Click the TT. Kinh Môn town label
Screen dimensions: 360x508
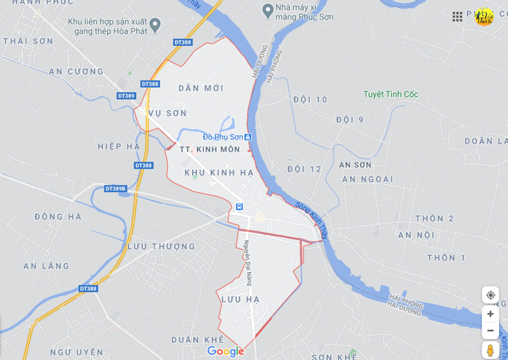click(209, 149)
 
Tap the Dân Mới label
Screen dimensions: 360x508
click(201, 88)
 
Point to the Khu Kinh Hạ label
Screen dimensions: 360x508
click(219, 172)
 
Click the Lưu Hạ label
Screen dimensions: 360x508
click(240, 300)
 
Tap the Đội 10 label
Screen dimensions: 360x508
click(310, 99)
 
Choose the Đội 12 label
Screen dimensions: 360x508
click(304, 169)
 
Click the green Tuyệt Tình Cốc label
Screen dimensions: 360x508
click(391, 94)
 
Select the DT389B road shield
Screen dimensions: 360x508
click(115, 188)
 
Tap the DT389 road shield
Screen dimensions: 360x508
click(126, 96)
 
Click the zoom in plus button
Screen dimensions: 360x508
click(490, 314)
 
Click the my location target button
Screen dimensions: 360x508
click(490, 295)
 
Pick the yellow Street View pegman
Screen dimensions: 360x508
click(490, 349)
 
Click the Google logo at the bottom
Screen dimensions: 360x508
click(225, 351)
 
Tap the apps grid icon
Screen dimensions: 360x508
click(457, 16)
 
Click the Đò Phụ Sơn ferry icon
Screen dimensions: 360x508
click(248, 137)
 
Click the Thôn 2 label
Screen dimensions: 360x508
click(434, 218)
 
